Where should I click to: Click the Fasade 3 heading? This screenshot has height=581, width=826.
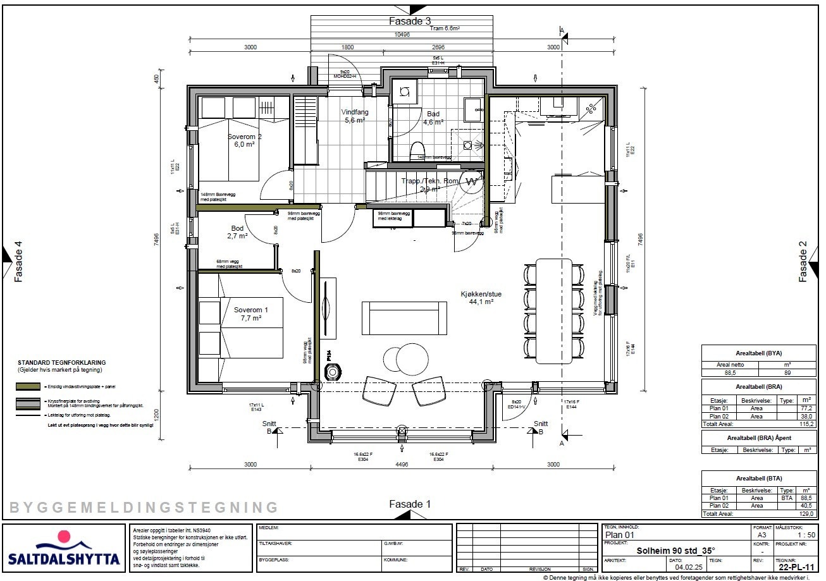pos(409,21)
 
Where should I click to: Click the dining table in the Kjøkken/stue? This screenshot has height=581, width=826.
pos(554,309)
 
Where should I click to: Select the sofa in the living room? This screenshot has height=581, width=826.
pos(404,318)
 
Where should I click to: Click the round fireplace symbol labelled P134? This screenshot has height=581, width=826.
pos(332,372)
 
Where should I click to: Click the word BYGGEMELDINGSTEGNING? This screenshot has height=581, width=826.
pos(144,507)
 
